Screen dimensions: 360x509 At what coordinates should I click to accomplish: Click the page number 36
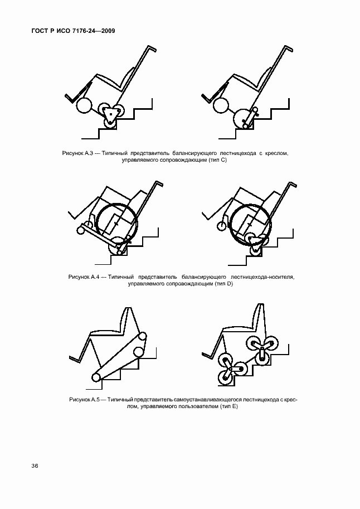[x=35, y=466]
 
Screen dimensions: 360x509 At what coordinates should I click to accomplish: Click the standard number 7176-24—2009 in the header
[x=91, y=31]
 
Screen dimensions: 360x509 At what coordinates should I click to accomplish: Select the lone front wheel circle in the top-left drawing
[x=84, y=105]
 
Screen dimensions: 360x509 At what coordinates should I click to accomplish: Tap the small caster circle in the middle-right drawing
[x=222, y=226]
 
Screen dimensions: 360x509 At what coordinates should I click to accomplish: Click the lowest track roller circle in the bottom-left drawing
[x=96, y=377]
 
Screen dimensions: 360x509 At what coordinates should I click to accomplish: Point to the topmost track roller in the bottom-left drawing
[x=142, y=337]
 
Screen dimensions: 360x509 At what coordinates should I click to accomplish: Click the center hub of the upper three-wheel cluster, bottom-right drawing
[x=262, y=348]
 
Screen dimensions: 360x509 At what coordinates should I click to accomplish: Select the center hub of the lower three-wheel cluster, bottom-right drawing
[x=230, y=370]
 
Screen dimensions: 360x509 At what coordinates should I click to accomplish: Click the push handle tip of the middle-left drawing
[x=162, y=185]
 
